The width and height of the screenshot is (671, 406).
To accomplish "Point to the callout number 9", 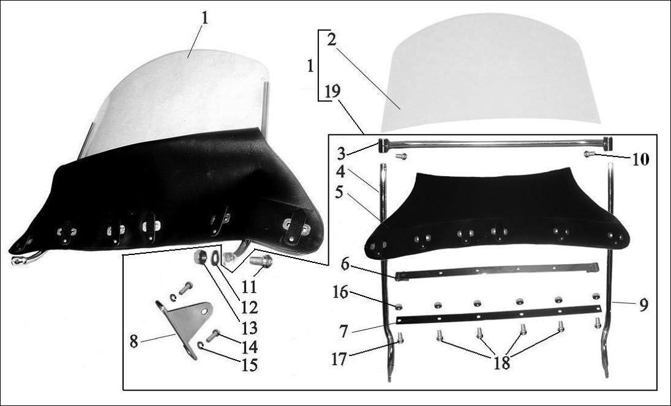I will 642,304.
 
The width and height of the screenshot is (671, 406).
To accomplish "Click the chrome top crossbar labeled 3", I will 496,144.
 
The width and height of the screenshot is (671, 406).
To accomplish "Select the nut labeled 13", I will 199,257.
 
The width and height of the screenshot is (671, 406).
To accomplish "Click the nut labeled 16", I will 399,306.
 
